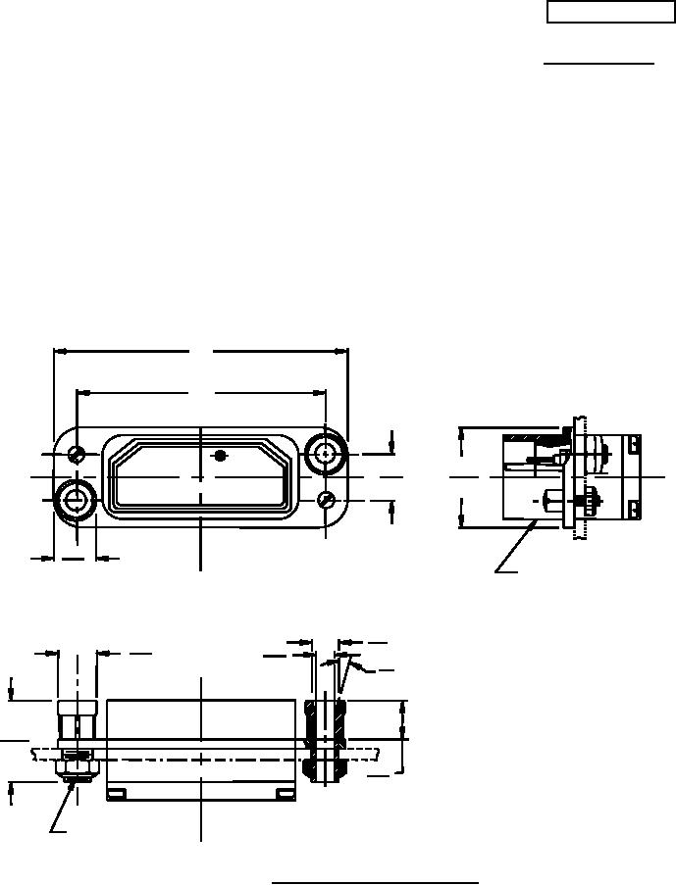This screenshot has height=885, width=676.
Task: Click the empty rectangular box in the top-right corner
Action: point(603,12)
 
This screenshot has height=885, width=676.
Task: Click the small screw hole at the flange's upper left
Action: point(77,453)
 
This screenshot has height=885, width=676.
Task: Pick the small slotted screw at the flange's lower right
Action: point(327,500)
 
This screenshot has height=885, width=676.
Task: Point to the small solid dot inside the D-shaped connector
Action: point(221,456)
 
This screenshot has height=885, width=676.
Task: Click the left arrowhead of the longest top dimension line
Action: point(56,350)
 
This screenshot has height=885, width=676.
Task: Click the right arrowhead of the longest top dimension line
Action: point(345,350)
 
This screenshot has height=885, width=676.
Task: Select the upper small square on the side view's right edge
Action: point(633,445)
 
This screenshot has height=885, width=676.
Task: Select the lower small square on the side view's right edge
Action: point(633,507)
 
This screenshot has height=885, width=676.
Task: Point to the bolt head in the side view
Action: point(547,500)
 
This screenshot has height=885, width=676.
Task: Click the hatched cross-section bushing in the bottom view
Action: point(325,740)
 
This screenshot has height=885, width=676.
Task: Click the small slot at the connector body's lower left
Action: point(117,793)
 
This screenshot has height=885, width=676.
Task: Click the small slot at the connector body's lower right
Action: point(285,793)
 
